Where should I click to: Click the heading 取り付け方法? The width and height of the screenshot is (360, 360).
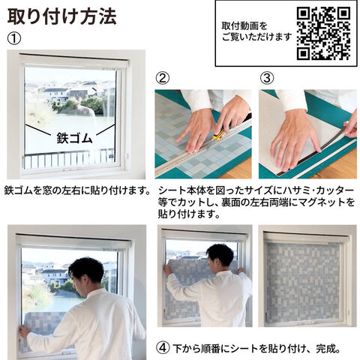pos(62,16)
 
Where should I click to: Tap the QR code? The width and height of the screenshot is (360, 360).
pos(323,34)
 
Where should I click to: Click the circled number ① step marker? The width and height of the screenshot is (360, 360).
pos(14,39)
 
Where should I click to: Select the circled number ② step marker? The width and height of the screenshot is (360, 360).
pos(163,78)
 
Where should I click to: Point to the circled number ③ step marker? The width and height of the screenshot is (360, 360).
pos(267,78)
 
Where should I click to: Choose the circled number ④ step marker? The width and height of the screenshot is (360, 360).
pos(163,348)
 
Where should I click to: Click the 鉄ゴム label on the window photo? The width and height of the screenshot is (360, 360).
pos(75,137)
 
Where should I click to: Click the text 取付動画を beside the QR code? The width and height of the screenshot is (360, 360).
pos(244,25)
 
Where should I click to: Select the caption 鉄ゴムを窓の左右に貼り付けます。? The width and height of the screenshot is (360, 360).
pos(77,190)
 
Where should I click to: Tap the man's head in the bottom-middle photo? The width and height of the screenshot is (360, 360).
pos(220,257)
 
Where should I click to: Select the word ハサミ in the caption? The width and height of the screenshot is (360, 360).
pos(295,190)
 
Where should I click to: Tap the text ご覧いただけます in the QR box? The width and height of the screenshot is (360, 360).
pos(256,37)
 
